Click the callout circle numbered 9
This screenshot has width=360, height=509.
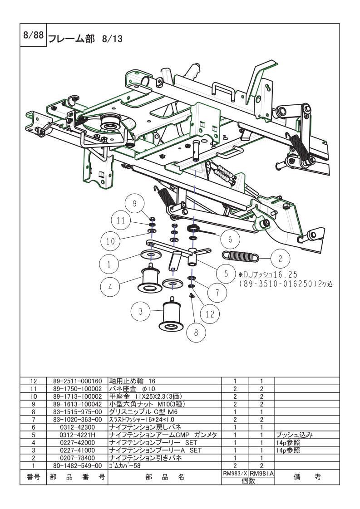[134, 204]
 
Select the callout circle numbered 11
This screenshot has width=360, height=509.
[120, 221]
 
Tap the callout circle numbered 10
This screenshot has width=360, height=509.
[111, 241]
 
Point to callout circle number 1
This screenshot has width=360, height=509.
[109, 263]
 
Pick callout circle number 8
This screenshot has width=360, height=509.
[196, 333]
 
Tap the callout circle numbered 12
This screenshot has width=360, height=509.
[209, 313]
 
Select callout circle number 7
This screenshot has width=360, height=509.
[217, 293]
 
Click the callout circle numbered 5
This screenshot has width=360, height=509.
[226, 274]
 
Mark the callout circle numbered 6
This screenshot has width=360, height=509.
[230, 239]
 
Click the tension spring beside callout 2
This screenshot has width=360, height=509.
[240, 256]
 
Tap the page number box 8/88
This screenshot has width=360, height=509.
[33, 37]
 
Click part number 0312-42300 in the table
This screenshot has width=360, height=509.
[77, 427]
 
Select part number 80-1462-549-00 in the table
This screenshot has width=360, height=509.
[77, 465]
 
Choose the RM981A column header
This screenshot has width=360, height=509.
[262, 473]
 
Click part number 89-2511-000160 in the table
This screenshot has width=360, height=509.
[77, 382]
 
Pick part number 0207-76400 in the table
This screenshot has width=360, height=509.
[77, 458]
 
